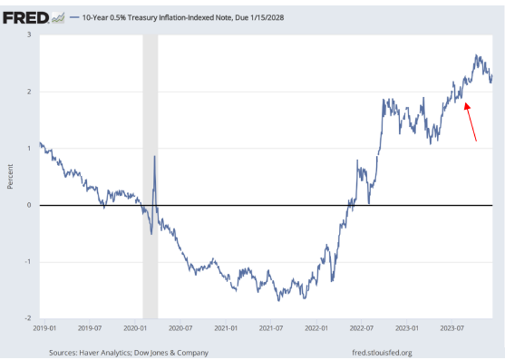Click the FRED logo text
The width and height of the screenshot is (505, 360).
pyautogui.click(x=26, y=18)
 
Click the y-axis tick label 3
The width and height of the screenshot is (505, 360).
pyautogui.click(x=28, y=35)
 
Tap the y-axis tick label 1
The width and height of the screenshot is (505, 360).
pyautogui.click(x=28, y=149)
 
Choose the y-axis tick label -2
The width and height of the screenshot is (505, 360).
pyautogui.click(x=27, y=318)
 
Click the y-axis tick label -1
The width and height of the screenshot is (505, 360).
pyautogui.click(x=27, y=262)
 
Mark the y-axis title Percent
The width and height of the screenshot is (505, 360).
pyautogui.click(x=10, y=177)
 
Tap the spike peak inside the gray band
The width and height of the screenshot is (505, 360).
pyautogui.click(x=154, y=157)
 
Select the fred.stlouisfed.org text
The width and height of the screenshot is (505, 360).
pyautogui.click(x=381, y=352)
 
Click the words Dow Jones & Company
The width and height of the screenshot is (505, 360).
pyautogui.click(x=179, y=352)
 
